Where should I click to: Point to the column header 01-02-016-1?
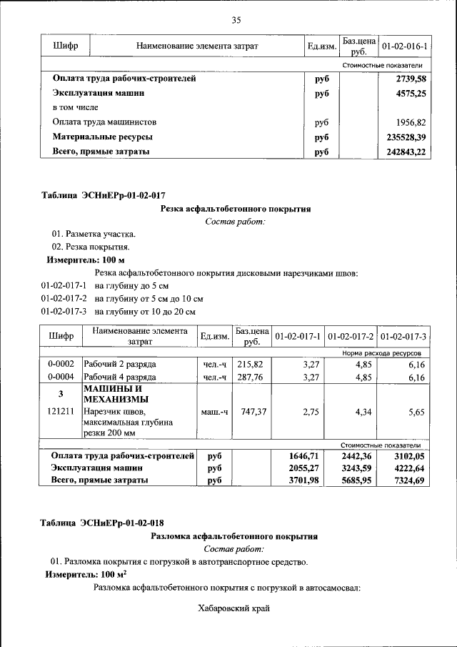pyautogui.click(x=404, y=46)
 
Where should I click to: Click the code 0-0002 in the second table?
pyautogui.click(x=61, y=364)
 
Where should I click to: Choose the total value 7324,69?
pyautogui.click(x=407, y=480)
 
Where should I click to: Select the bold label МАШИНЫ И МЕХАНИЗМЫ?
pyautogui.click(x=116, y=393)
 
